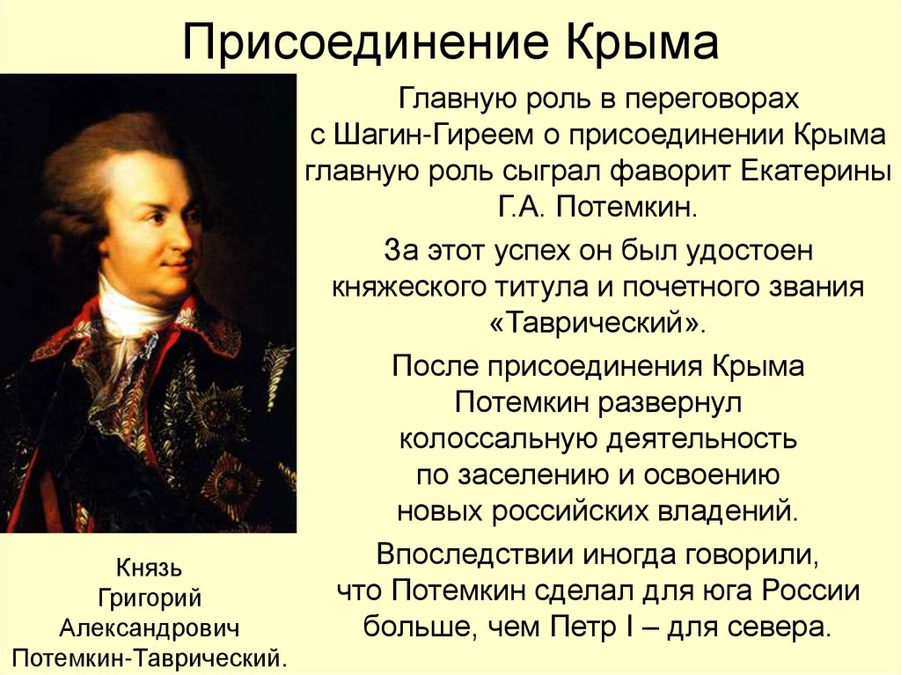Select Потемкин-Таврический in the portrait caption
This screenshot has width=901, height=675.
coord(146,657)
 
